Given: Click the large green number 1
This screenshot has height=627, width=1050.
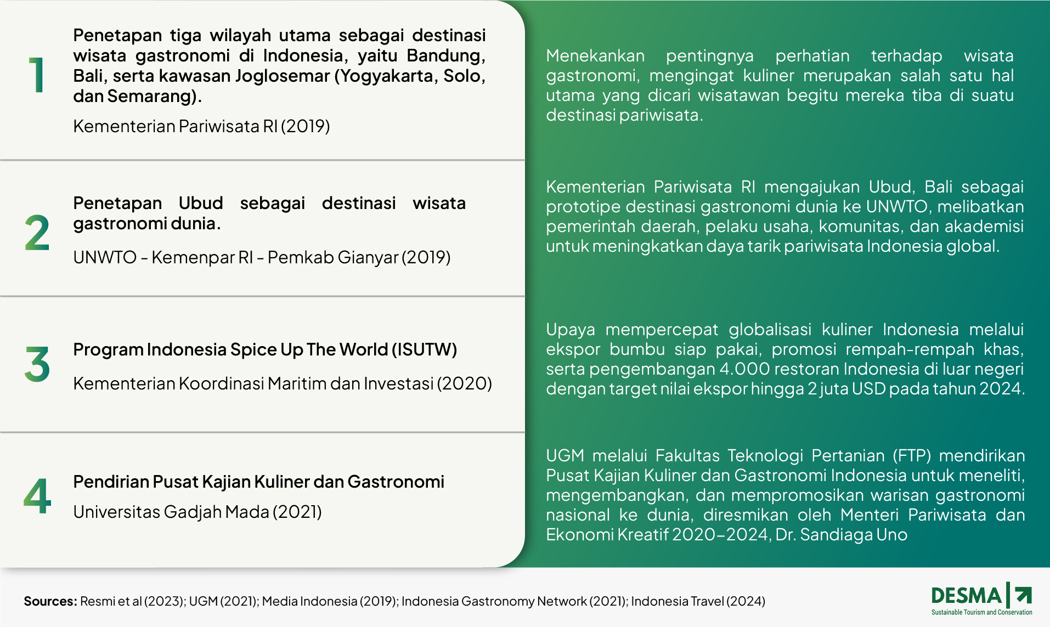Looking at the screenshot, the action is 37,75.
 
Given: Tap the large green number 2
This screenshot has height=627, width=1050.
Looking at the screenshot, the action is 37,233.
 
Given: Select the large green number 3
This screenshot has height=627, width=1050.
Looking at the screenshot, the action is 37,364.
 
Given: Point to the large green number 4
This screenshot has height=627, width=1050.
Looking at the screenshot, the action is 37,495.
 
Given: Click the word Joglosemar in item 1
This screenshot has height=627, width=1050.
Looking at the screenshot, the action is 282,76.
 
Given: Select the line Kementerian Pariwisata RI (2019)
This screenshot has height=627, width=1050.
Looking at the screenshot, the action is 201,126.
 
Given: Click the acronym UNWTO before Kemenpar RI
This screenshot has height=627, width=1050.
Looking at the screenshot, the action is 105,257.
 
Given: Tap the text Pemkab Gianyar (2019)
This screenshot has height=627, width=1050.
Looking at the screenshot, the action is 359,257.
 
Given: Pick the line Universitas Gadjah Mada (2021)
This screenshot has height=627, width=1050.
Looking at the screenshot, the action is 197,512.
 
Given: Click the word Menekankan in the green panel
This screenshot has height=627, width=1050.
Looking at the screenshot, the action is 595,56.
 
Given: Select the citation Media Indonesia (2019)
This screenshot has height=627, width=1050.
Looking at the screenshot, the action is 329,601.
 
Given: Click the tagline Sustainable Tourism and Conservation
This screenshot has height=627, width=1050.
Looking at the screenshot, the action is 982,612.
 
